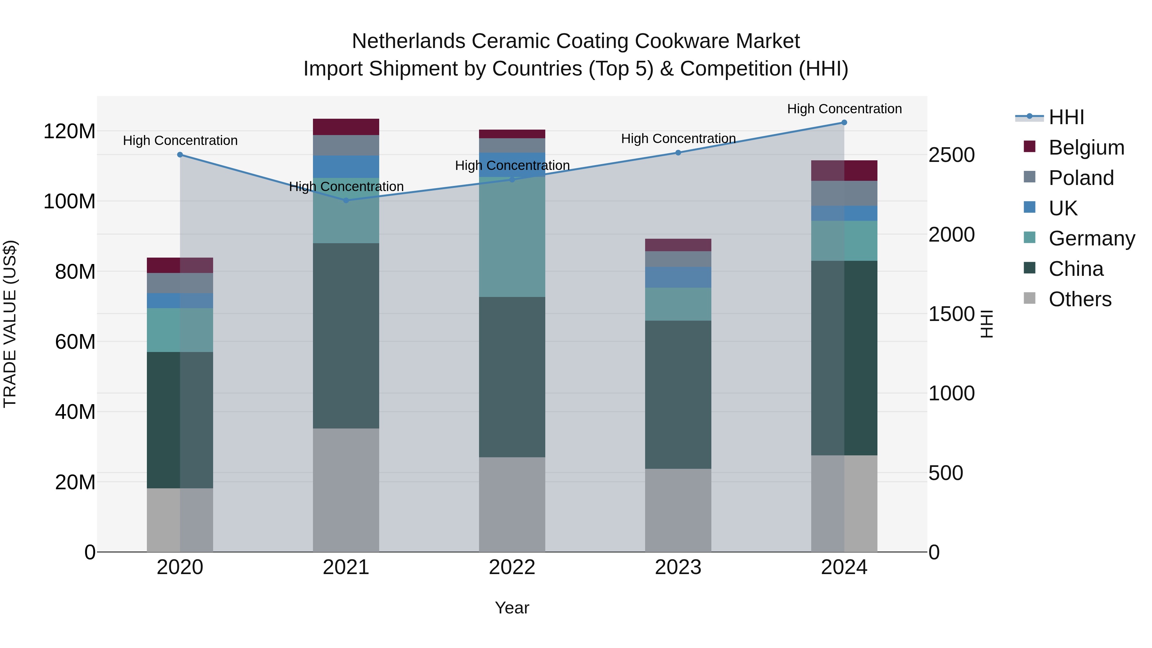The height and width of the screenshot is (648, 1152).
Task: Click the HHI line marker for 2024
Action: click(x=844, y=123)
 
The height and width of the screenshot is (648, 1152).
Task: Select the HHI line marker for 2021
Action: click(x=346, y=200)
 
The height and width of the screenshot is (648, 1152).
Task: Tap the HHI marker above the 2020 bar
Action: click(x=180, y=155)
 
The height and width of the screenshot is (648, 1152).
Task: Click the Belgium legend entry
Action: click(x=1086, y=148)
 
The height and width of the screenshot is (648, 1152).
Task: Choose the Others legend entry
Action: click(x=1080, y=299)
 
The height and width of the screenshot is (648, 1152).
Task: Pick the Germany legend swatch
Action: click(x=1029, y=237)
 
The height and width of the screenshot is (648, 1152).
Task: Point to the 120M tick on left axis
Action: click(x=69, y=132)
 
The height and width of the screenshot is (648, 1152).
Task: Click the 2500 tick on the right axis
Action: click(x=952, y=155)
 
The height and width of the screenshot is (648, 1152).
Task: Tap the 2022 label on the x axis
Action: click(x=512, y=567)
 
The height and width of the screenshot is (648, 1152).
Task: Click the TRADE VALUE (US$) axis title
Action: click(x=10, y=324)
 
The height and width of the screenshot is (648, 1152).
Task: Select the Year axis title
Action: click(x=512, y=608)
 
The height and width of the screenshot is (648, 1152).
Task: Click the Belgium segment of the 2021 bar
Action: click(x=346, y=127)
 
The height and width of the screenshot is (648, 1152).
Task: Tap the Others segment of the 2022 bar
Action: click(x=512, y=504)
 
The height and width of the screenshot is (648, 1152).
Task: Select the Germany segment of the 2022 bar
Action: click(x=512, y=237)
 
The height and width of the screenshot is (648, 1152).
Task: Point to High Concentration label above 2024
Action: click(x=844, y=109)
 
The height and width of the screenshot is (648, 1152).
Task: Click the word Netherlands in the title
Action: click(x=409, y=41)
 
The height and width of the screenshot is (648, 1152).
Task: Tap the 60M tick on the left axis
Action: click(x=75, y=342)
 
